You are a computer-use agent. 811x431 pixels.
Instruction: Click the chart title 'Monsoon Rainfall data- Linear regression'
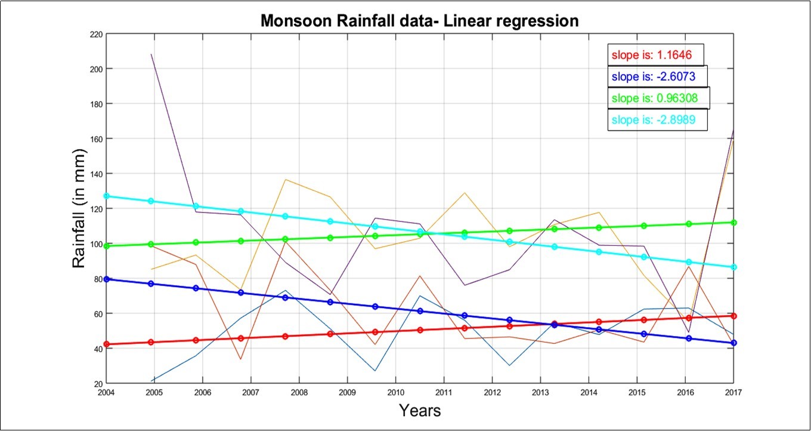pos(420,21)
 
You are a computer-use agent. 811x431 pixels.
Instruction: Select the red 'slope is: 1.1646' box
pos(656,56)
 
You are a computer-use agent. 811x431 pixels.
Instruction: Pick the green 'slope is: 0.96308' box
pos(659,98)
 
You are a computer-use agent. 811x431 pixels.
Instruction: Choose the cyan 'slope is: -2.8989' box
pos(658,120)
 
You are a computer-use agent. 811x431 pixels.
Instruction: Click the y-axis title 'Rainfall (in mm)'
pos(80,208)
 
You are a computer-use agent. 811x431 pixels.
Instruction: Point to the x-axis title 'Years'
pos(420,411)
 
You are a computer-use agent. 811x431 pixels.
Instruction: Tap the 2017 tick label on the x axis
pos(733,392)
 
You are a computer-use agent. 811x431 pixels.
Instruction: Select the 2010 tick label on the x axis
pos(395,392)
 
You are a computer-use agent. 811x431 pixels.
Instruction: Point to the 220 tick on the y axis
pos(95,34)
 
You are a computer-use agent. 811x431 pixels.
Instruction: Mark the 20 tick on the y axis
pos(98,383)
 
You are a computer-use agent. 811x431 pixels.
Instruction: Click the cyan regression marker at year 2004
pos(107,196)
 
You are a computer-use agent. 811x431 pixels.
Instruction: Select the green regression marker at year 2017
pos(734,223)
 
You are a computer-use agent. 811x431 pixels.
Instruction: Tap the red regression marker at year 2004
pos(107,344)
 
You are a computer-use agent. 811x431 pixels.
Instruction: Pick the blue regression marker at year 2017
pos(734,343)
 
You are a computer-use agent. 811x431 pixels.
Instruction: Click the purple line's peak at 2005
pos(151,54)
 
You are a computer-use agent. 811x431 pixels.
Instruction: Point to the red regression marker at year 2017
pos(734,316)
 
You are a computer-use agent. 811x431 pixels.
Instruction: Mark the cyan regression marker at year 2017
pos(734,267)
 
